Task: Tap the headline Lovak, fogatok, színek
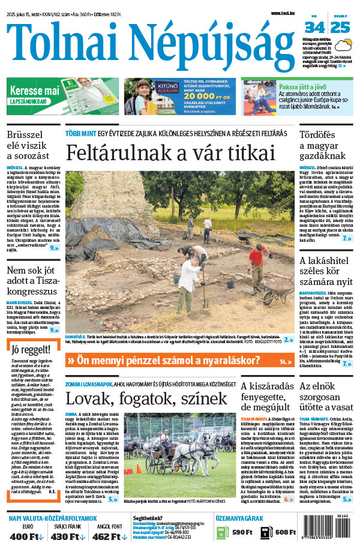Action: pos(146,398)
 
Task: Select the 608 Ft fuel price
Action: pos(286,532)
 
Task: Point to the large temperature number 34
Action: pos(314,28)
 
